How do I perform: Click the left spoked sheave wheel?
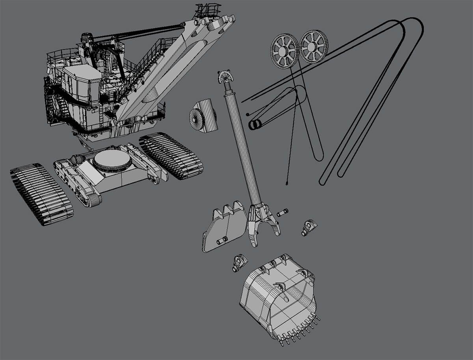284,52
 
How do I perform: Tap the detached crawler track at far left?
42,194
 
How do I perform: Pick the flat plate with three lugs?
224,229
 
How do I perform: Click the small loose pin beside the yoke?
283,213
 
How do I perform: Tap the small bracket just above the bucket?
238,262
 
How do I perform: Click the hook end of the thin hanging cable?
286,183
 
